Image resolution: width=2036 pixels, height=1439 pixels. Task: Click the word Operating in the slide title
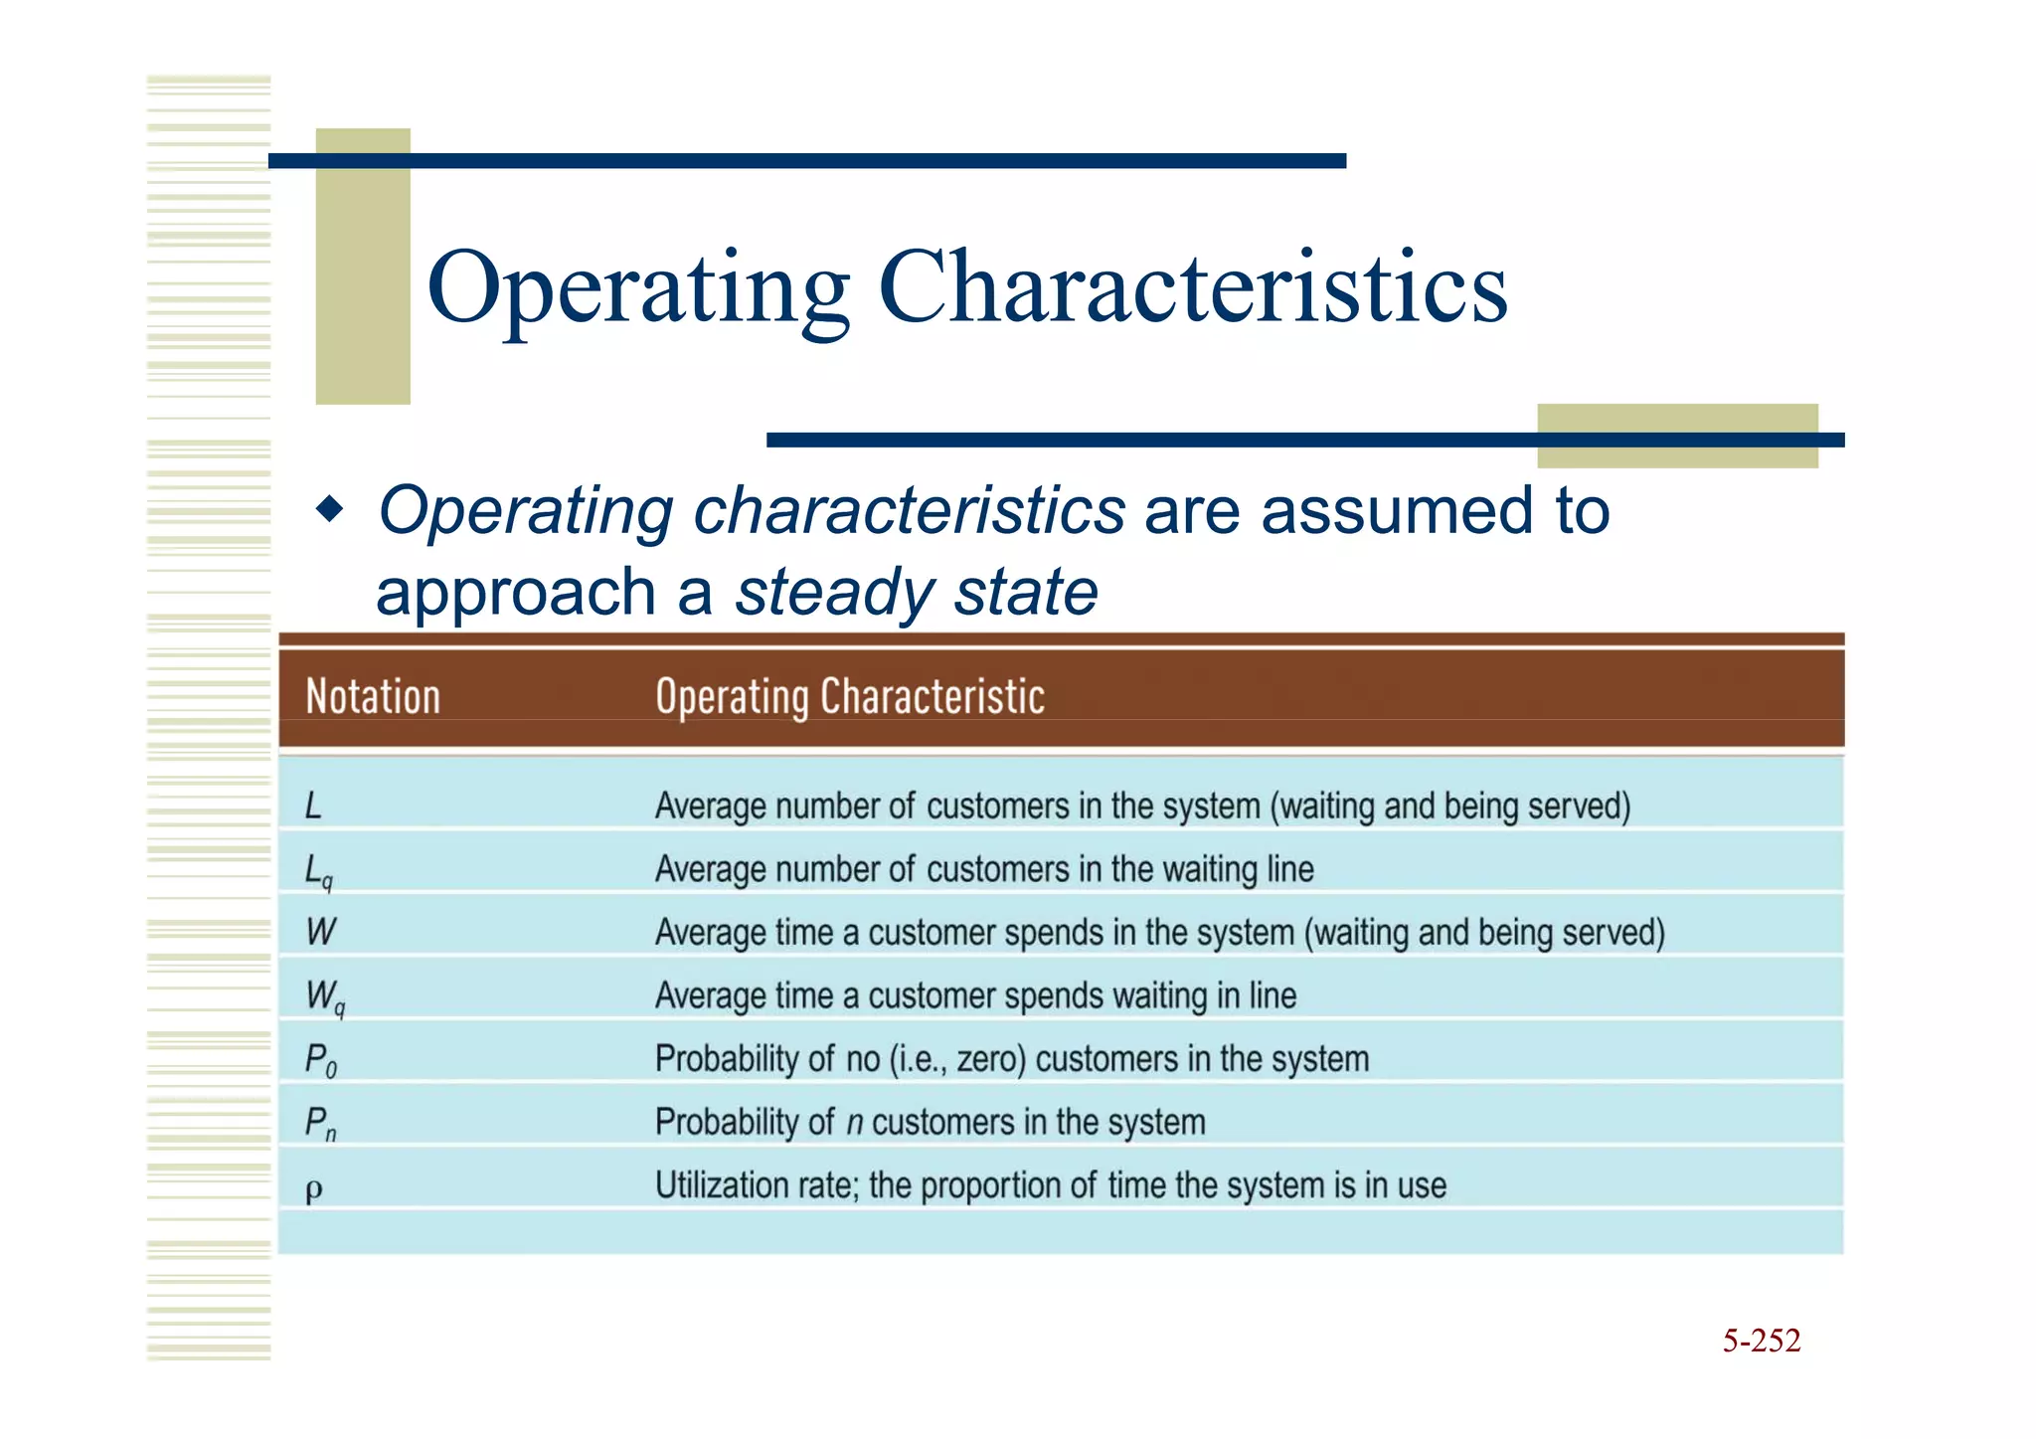637,288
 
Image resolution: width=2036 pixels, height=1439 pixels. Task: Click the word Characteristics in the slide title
1192,288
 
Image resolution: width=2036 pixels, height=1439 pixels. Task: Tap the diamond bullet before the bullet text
329,511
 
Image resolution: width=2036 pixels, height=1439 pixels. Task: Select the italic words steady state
916,592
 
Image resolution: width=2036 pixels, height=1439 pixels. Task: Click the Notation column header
373,696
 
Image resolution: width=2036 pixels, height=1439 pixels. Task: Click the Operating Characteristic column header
850,696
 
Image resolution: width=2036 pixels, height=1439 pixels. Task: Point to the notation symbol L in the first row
313,806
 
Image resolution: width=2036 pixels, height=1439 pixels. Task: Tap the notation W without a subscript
320,932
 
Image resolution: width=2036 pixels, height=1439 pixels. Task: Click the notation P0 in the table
320,1060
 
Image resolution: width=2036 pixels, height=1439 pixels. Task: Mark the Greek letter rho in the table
314,1188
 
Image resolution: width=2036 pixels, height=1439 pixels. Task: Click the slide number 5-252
1761,1341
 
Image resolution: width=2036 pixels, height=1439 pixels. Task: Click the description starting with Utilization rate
1050,1185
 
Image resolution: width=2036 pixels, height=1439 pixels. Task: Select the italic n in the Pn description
854,1124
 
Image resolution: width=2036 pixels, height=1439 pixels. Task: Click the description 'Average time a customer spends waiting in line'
975,995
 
